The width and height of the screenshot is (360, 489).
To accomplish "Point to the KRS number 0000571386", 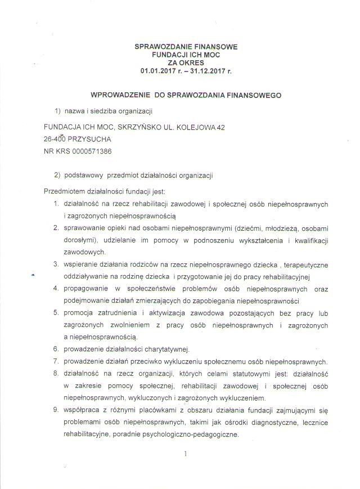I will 89,152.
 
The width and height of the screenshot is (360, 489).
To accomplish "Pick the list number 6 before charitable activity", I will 57,348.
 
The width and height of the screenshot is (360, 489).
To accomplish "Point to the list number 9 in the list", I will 57,409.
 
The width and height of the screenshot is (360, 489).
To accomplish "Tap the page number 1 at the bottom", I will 185,453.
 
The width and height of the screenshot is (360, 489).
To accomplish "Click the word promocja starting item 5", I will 81,312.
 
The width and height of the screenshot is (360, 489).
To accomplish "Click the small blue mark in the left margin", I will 33,274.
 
